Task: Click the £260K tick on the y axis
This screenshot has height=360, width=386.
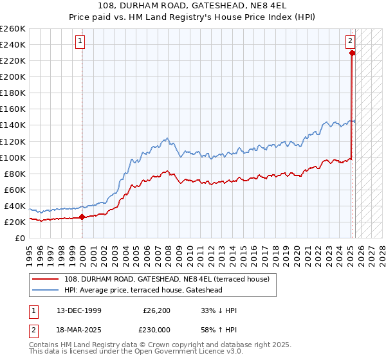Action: (x=13, y=29)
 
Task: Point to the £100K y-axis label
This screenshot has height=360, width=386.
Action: (x=13, y=157)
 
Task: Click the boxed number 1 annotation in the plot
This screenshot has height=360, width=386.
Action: (x=80, y=42)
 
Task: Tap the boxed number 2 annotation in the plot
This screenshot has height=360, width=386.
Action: (x=351, y=42)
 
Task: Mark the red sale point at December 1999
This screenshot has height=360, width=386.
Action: (x=82, y=217)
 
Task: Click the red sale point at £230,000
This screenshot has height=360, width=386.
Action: (x=353, y=53)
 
